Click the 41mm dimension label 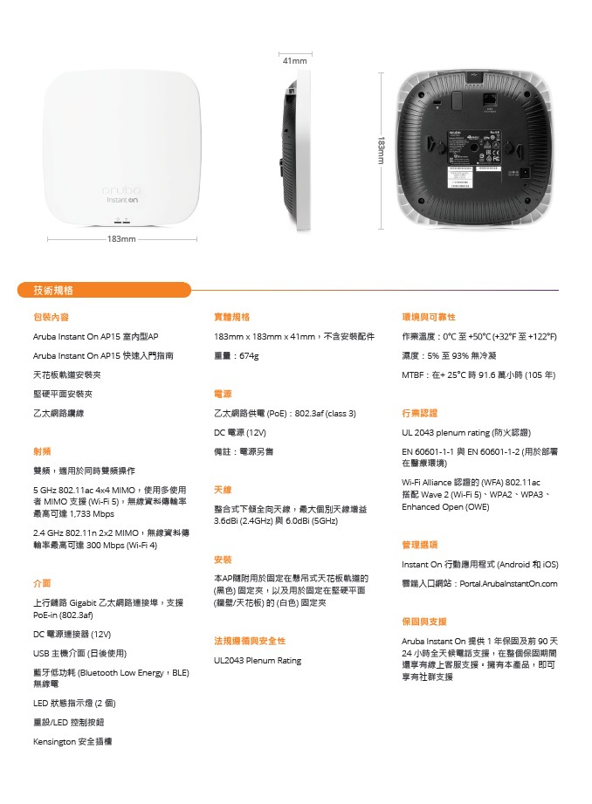295,61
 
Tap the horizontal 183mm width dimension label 121,238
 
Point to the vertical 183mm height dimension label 382,150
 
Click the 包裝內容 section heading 51,317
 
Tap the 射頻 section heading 42,451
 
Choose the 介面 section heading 42,582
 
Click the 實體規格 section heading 232,317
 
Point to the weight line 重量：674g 236,356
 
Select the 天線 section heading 223,490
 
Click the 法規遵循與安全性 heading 250,641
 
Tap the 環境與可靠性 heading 429,317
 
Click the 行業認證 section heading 420,413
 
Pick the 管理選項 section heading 420,544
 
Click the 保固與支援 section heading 424,622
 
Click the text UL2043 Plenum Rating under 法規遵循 258,661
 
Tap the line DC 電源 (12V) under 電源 240,432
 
